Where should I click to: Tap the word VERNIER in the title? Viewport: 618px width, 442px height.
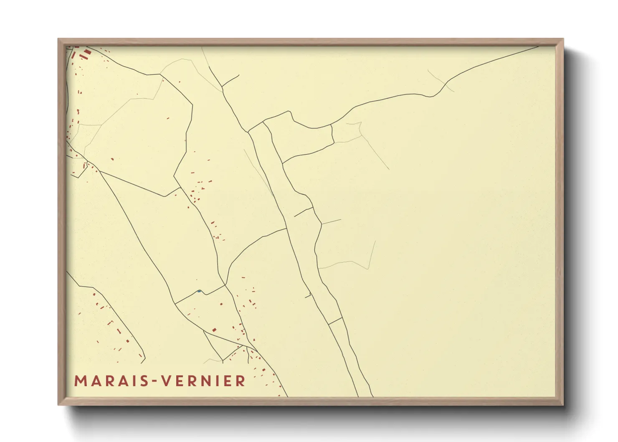click(x=203, y=381)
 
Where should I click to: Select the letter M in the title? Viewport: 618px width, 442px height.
click(x=81, y=381)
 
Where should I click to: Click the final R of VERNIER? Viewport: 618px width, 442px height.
click(x=241, y=381)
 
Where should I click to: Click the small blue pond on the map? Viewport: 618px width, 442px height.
click(x=199, y=291)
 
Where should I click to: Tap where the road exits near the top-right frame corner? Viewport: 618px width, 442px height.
click(x=538, y=47)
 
